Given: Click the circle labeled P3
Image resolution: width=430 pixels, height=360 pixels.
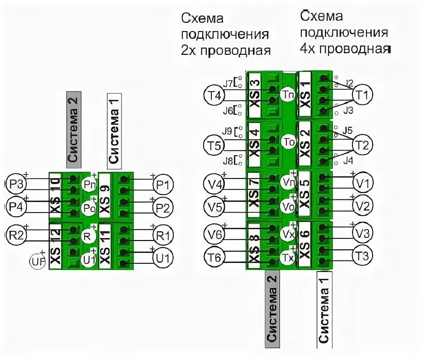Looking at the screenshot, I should coord(16,185).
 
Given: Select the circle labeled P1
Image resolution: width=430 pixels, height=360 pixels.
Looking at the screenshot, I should coord(163,185).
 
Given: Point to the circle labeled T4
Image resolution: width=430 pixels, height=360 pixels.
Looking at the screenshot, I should coord(214,96).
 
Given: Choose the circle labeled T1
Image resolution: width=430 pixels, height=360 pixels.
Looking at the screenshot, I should coord(362,95).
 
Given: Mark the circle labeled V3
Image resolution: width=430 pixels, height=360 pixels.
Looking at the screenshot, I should coord(362,233).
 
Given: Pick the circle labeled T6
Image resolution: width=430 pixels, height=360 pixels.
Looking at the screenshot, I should coord(214,257).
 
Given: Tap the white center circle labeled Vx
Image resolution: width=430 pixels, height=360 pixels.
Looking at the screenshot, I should coord(288,234).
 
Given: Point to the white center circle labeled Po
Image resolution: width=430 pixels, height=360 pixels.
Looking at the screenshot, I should coord(89,207).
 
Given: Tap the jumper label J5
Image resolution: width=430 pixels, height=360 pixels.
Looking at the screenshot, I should coord(347,130).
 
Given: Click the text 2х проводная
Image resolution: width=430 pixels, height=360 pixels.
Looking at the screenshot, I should coord(226,51).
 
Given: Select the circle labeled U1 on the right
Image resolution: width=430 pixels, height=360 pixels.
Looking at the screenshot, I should coord(163,258).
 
